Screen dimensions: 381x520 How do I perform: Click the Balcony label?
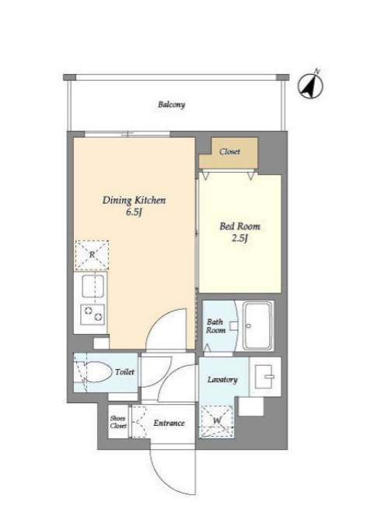tap(171, 105)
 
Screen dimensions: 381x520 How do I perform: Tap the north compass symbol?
tap(310, 85)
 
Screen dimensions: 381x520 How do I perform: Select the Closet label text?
tap(229, 152)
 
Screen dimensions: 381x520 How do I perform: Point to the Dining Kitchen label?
tap(134, 200)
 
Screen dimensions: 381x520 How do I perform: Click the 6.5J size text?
tap(134, 213)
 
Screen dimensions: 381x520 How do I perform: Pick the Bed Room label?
tap(239, 227)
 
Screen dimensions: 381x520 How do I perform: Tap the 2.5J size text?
tap(239, 238)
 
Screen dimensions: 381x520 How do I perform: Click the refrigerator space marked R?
tap(92, 255)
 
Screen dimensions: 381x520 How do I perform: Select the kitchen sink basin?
tap(93, 286)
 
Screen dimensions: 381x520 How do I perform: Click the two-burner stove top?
tap(93, 314)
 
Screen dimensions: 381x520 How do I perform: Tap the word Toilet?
tap(125, 372)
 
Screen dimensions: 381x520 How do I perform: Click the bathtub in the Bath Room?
tap(257, 325)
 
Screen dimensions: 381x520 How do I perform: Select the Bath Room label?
tap(215, 326)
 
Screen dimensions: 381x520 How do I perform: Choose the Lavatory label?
tap(222, 379)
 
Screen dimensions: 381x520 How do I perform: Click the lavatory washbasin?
tap(265, 377)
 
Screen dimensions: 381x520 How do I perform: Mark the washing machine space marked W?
tap(217, 421)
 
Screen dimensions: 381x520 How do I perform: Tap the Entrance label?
tap(169, 423)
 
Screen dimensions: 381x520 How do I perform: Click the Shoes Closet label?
tap(118, 422)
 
